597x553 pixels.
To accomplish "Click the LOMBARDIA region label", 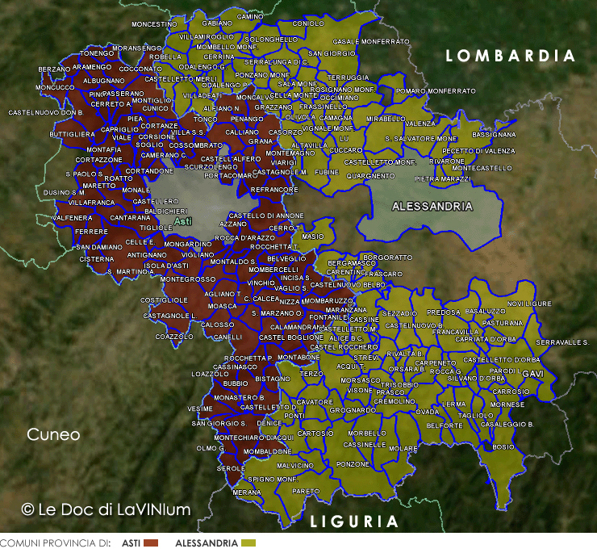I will point(511,56).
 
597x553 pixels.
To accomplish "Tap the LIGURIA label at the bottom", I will point(354,522).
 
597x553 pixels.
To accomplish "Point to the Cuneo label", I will point(53,434).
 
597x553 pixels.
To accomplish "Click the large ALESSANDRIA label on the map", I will point(432,206).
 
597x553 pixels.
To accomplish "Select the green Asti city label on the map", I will point(183,220).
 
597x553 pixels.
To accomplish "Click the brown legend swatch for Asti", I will point(151,543).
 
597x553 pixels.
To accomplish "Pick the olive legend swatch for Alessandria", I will point(248,543).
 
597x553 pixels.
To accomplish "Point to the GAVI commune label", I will point(532,375).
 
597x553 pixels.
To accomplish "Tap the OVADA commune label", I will point(428,412).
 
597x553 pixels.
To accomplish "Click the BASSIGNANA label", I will point(493,134).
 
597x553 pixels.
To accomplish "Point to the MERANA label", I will point(246,492).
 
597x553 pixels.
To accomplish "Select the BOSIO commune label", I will point(503,446).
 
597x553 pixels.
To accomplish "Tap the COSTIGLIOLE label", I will point(164,300).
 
